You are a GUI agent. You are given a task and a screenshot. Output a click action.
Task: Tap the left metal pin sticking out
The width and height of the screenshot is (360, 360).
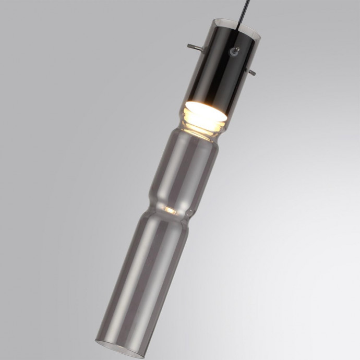[194, 47]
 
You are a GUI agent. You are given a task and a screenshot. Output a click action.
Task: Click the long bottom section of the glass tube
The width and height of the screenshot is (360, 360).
[138, 277]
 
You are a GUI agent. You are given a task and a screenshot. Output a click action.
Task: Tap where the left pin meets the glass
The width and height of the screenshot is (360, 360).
[201, 50]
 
